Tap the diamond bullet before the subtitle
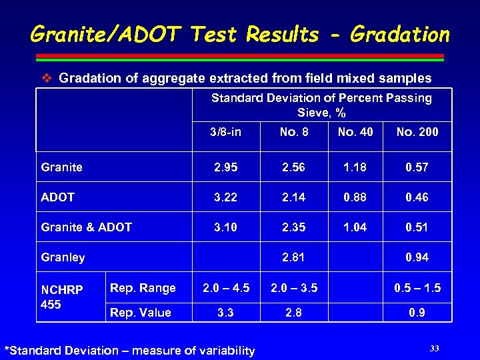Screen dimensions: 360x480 (47, 79)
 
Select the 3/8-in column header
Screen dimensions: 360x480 (225, 132)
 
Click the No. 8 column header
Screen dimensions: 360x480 (294, 132)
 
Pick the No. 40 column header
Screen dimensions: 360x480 (355, 132)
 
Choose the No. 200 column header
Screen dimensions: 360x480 (417, 132)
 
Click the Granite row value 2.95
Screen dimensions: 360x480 (225, 167)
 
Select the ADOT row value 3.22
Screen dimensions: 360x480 (225, 197)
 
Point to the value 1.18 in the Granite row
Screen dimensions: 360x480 (355, 167)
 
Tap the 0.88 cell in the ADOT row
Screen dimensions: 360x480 (355, 197)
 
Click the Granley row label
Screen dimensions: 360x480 (63, 257)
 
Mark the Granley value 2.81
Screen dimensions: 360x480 (294, 257)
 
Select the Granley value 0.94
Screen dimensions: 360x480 (417, 257)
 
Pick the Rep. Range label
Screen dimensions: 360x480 (143, 288)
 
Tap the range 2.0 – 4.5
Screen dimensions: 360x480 (225, 288)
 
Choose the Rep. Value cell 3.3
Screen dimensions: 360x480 (225, 313)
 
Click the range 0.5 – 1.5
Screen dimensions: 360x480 (417, 288)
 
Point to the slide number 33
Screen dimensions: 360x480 (435, 348)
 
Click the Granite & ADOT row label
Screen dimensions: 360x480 (86, 227)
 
